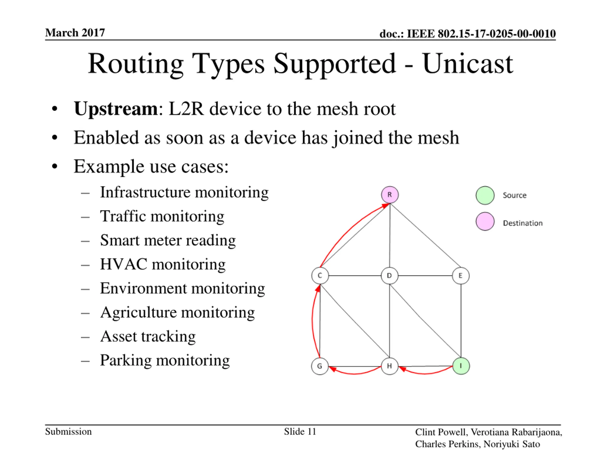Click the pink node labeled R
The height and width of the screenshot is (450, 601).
pos(390,195)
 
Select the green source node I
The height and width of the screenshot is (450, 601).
pos(461,366)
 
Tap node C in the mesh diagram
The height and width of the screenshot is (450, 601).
pos(320,276)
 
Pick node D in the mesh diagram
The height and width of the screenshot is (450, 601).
pos(389,276)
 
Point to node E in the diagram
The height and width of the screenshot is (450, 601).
pos(461,276)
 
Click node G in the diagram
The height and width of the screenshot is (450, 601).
pos(320,366)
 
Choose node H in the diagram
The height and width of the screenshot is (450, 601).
pos(389,366)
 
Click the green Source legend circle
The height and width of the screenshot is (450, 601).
pos(485,195)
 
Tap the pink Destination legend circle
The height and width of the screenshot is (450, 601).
pos(485,221)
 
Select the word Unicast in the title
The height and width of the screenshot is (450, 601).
pos(467,64)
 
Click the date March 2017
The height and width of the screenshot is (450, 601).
pos(75,33)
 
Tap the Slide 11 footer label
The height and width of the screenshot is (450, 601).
pos(300,431)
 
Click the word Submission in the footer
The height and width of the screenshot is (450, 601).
pos(68,431)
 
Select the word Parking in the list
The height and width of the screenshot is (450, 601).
pos(126,360)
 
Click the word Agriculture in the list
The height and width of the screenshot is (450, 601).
pos(138,312)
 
